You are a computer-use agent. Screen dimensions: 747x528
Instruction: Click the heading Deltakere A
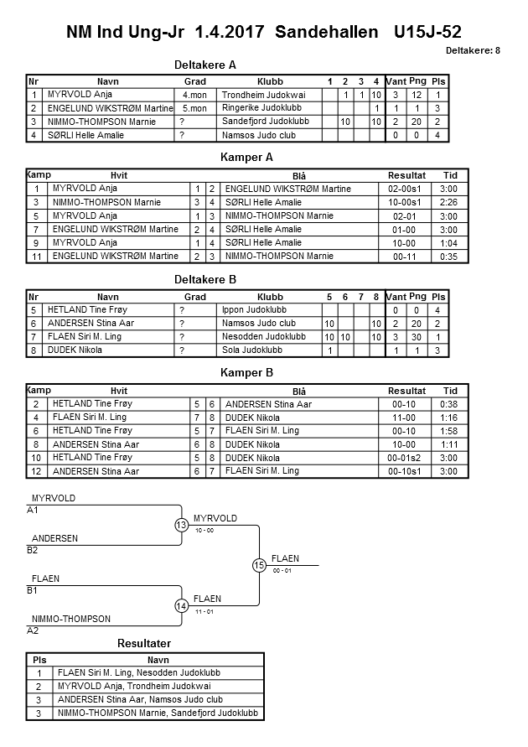click(x=205, y=65)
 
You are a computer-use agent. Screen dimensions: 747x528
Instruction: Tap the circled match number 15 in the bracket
click(x=259, y=565)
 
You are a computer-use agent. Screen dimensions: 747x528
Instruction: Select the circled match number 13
click(x=181, y=525)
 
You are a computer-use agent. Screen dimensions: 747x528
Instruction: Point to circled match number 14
click(x=181, y=605)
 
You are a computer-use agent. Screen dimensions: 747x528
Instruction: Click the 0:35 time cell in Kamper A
click(x=450, y=257)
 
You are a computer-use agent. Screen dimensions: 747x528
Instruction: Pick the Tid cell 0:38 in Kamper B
click(x=450, y=404)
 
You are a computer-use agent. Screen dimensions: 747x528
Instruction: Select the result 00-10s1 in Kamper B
click(x=406, y=472)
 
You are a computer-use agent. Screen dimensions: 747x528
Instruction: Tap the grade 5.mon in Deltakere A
click(x=194, y=108)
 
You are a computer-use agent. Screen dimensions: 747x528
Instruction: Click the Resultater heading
click(x=144, y=643)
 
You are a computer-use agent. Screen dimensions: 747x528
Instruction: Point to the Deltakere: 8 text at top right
click(x=473, y=50)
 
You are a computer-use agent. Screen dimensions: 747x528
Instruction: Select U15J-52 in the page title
click(x=427, y=32)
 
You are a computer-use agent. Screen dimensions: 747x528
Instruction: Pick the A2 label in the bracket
click(x=33, y=630)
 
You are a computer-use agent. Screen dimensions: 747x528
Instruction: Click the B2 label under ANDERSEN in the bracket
click(x=33, y=550)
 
